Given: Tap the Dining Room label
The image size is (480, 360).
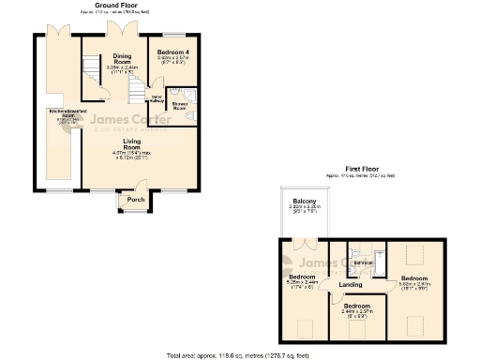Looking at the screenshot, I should pyautogui.click(x=122, y=56).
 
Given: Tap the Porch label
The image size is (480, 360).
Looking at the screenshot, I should pyautogui.click(x=136, y=200).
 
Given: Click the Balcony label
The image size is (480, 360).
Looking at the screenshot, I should pyautogui.click(x=303, y=202).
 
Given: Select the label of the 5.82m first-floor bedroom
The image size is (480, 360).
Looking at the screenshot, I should pyautogui.click(x=415, y=278).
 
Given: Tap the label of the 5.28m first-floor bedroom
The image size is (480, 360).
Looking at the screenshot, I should pyautogui.click(x=301, y=277).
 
